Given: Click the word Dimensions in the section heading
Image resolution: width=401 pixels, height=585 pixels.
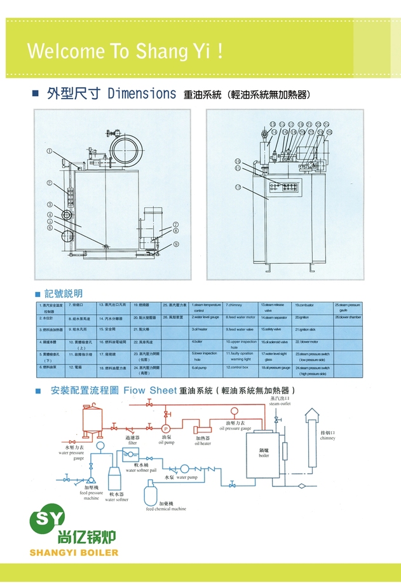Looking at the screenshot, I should (x=142, y=94).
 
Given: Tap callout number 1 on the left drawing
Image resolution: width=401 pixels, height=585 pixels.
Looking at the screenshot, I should (x=48, y=151).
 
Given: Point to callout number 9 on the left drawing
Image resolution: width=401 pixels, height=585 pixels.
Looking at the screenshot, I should (x=176, y=244).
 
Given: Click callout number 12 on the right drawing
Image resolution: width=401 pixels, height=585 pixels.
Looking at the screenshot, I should (x=237, y=187).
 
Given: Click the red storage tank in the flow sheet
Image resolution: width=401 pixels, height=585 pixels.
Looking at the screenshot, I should (x=92, y=422).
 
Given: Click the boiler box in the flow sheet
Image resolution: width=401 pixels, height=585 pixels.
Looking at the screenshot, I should (x=264, y=452).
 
